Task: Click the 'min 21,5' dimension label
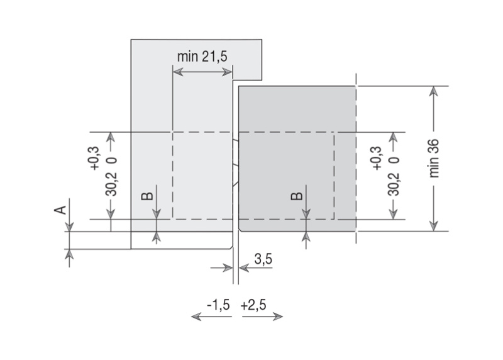click(202, 57)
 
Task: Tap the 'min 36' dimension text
click(434, 159)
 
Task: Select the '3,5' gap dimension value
click(263, 259)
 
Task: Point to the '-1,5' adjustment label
click(219, 305)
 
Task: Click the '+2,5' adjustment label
click(253, 305)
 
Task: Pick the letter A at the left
click(60, 210)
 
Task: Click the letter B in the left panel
click(147, 196)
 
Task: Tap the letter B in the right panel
click(296, 196)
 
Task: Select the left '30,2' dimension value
click(111, 184)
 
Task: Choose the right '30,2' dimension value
click(394, 184)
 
